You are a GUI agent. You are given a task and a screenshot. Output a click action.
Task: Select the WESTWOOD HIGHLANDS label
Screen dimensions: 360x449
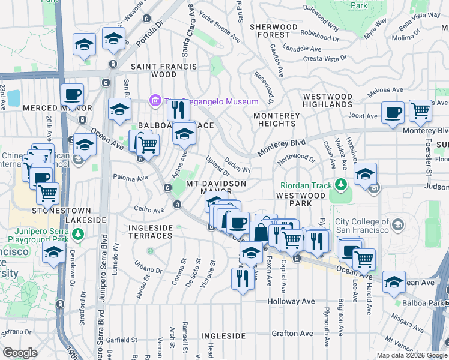[327, 100]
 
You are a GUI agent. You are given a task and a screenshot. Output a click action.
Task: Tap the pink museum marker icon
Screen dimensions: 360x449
[155, 100]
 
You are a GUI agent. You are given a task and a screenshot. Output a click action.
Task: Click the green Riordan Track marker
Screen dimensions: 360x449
[341, 184]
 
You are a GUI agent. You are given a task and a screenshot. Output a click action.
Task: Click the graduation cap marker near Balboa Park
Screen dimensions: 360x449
[393, 282]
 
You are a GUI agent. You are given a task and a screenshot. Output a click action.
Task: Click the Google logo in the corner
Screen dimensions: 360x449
[20, 353]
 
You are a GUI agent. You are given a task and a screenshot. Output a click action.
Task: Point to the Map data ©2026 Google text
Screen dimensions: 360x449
[411, 355]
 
